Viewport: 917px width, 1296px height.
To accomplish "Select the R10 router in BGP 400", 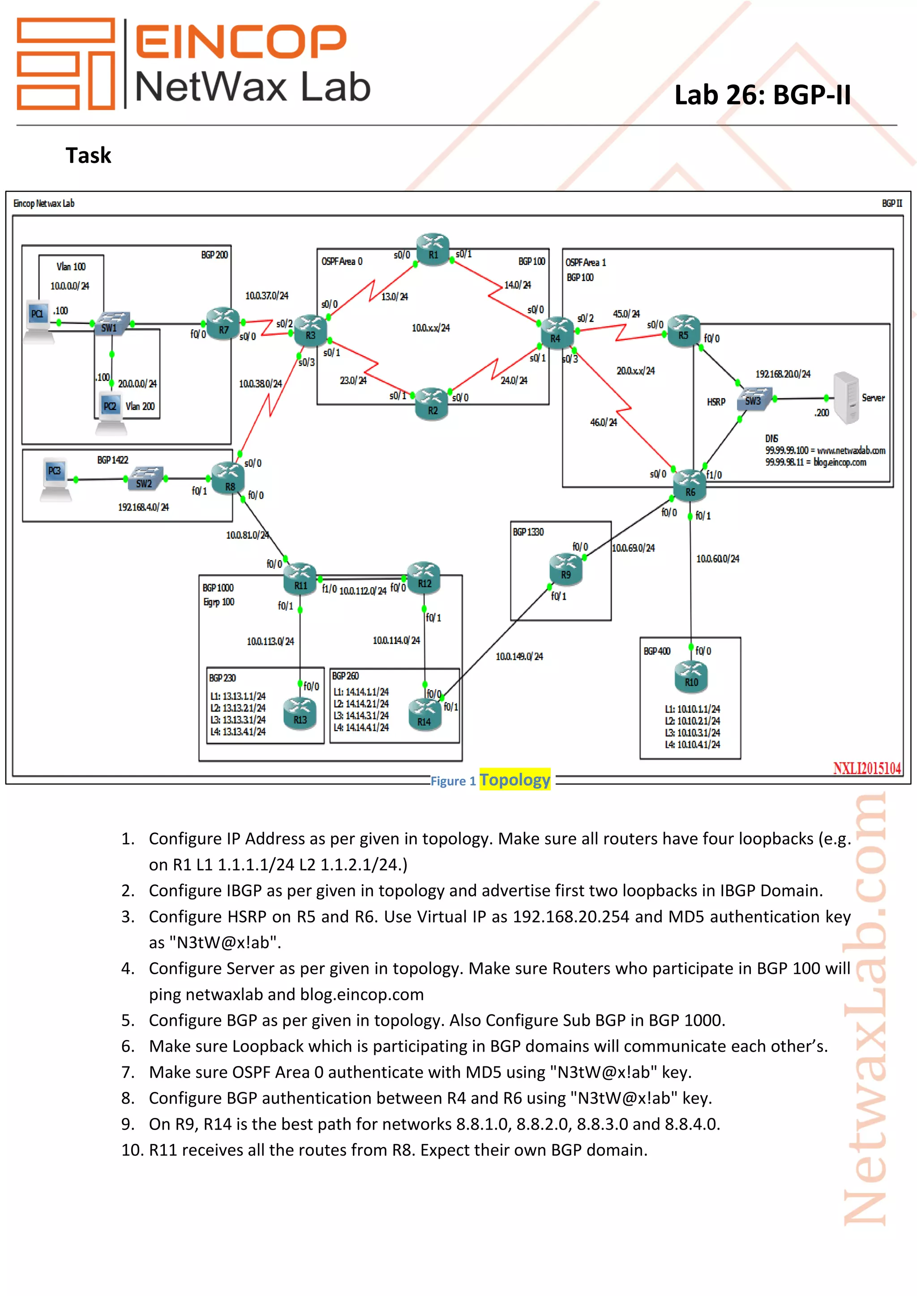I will tap(691, 677).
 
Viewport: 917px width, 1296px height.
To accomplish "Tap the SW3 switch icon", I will tap(754, 398).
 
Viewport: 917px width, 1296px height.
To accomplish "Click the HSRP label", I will tap(716, 402).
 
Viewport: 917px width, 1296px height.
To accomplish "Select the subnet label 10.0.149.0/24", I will tap(519, 657).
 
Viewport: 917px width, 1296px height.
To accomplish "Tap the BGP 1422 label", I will tap(112, 460).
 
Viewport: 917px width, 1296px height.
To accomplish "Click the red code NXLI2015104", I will tap(867, 768).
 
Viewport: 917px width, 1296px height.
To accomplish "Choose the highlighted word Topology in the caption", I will tap(514, 780).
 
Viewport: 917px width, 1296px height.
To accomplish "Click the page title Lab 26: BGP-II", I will tap(762, 95).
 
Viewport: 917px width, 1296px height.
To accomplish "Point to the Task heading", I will tap(88, 155).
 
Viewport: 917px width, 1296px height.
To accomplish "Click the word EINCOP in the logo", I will tap(241, 41).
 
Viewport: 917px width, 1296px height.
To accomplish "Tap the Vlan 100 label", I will tap(71, 266).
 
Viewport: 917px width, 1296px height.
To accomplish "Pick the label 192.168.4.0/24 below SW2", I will tap(143, 507).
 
